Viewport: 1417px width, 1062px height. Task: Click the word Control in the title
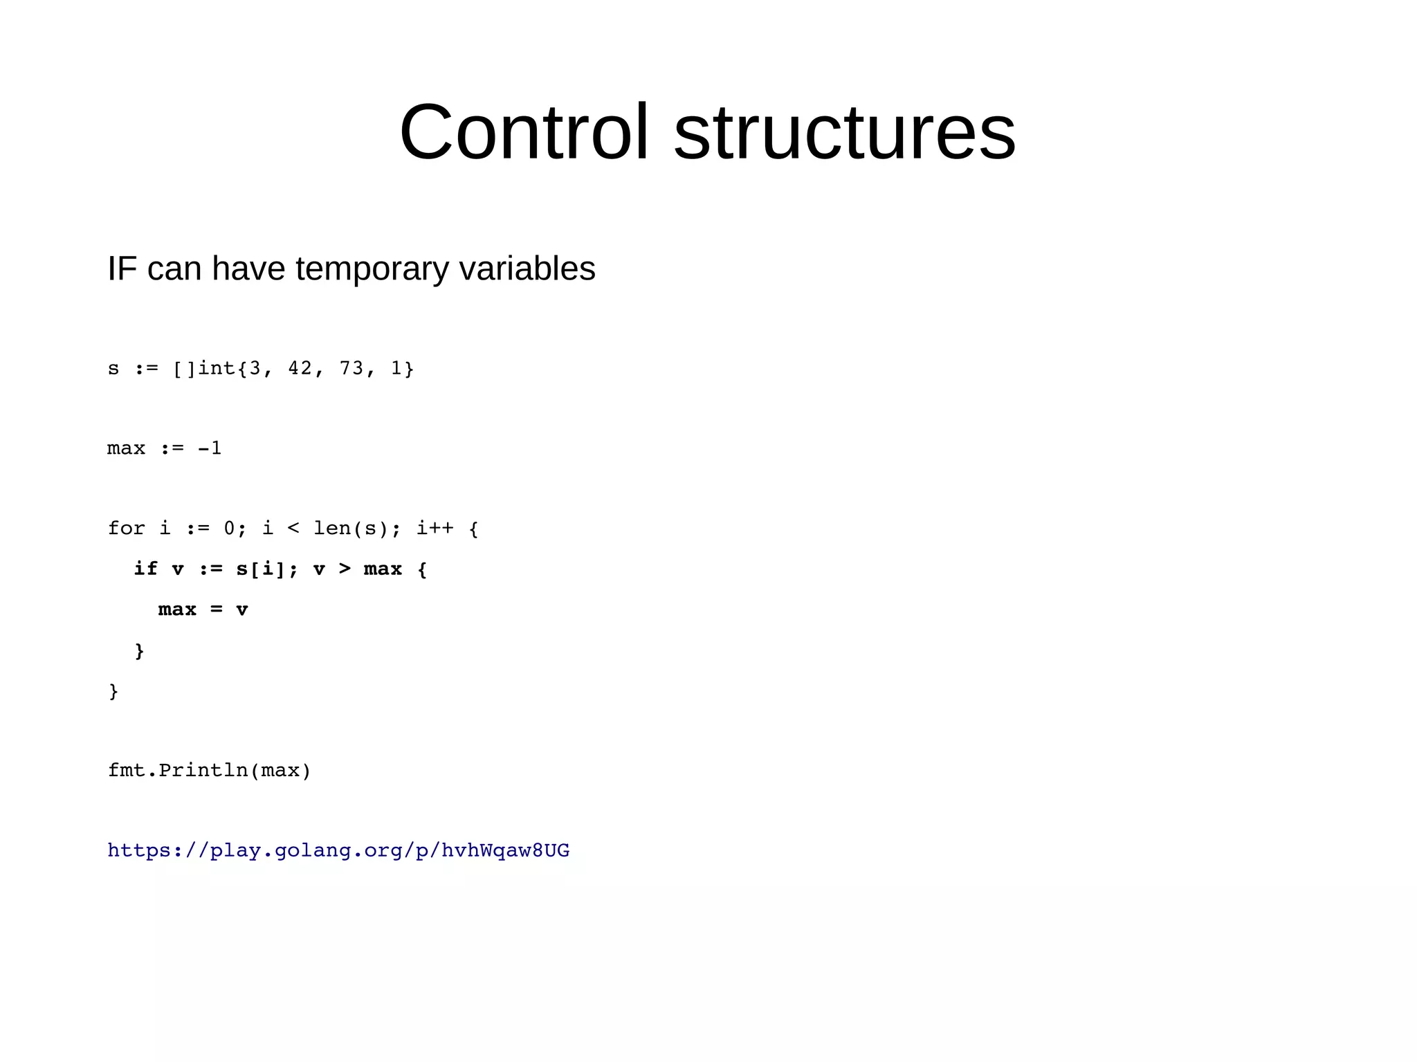(524, 131)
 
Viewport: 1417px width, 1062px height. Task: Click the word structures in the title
(844, 131)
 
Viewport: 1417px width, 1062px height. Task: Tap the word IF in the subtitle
(122, 268)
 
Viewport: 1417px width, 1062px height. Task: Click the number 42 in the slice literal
(300, 368)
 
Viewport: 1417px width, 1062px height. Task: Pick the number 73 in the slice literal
(351, 368)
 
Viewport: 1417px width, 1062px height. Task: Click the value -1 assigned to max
(210, 448)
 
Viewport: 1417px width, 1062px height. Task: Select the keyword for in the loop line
(127, 529)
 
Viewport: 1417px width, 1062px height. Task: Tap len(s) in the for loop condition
(352, 529)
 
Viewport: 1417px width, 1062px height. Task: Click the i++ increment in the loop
(435, 529)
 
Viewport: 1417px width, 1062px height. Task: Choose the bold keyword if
(145, 569)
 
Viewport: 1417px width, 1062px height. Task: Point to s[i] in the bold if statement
(262, 569)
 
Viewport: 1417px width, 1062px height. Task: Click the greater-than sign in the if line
(345, 569)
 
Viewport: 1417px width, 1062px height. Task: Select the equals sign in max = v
(217, 610)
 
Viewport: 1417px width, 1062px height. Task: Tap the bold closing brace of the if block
(139, 650)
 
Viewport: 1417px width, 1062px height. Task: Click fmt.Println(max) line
(210, 770)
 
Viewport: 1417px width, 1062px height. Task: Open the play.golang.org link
(338, 850)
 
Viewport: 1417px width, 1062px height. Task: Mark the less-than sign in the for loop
(293, 529)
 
